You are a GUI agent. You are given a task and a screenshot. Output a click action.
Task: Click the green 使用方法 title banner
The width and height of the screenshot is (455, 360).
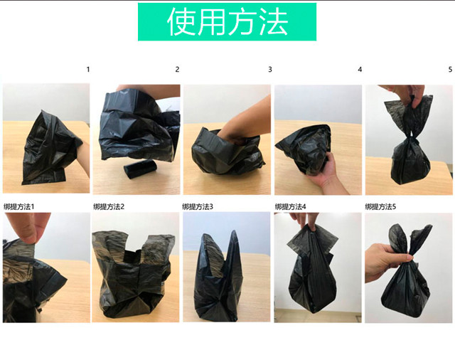[x=227, y=22]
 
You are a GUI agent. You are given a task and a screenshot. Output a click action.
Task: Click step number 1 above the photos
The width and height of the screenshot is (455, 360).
[x=88, y=70]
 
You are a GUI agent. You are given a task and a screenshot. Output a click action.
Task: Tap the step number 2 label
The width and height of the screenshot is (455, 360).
[x=177, y=70]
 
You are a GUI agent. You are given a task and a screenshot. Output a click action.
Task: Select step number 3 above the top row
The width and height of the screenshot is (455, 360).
[x=270, y=70]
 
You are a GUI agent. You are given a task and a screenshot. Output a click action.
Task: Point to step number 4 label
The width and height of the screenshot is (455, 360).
[x=360, y=70]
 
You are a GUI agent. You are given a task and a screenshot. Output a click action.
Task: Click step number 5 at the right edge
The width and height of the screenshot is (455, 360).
[x=450, y=70]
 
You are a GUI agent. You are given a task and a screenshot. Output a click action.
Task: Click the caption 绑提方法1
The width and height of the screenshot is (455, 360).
[x=18, y=207]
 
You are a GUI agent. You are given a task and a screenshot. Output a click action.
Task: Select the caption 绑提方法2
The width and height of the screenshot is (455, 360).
[x=109, y=207]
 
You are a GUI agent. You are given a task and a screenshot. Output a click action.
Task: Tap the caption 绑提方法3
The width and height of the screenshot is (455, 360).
[x=198, y=207]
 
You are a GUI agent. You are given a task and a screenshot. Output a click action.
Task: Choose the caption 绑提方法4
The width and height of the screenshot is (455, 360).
[x=290, y=207]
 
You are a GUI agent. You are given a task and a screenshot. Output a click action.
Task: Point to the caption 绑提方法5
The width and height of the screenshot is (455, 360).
[x=380, y=207]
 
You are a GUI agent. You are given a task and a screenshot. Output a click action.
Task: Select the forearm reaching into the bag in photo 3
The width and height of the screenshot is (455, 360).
[x=247, y=122]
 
